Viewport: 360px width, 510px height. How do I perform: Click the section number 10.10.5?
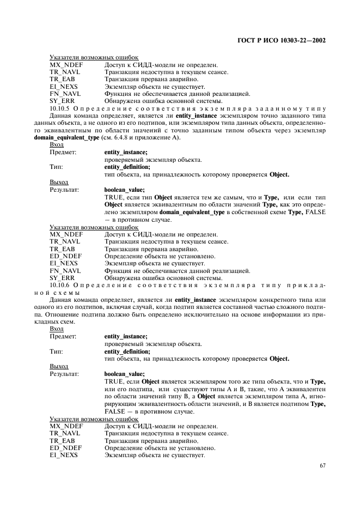click(x=59, y=109)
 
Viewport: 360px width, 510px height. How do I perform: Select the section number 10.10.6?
click(x=59, y=285)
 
